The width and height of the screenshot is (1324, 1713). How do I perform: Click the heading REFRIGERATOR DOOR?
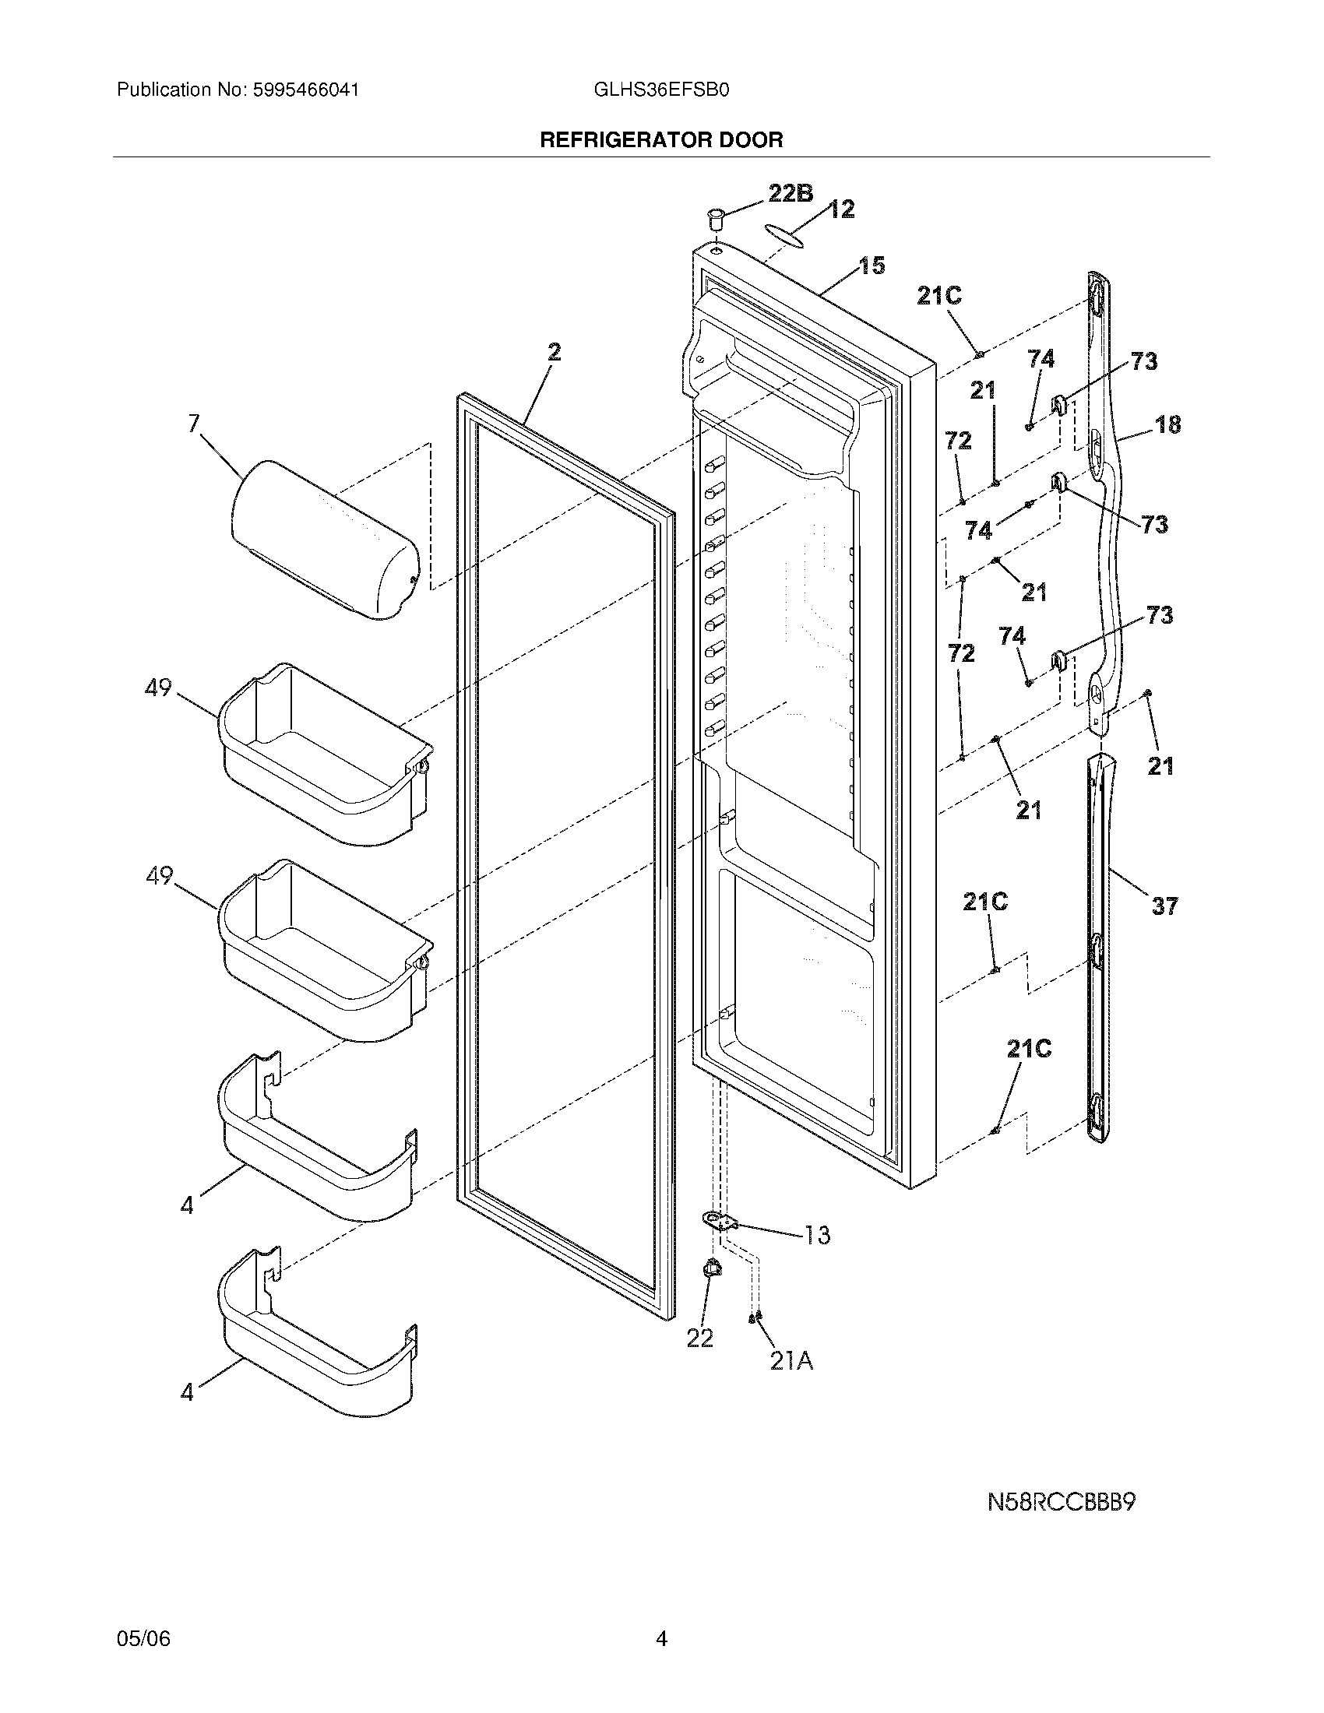pyautogui.click(x=661, y=140)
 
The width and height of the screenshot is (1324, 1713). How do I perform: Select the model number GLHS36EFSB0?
pyautogui.click(x=661, y=90)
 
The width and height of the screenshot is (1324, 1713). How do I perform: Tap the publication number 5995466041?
pyautogui.click(x=306, y=90)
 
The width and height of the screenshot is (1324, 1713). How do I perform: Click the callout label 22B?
pyautogui.click(x=790, y=193)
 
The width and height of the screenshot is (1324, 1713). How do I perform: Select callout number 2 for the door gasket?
pyautogui.click(x=554, y=353)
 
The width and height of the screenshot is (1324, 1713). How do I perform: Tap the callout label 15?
pyautogui.click(x=871, y=266)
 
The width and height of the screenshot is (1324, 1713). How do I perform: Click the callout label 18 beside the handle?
pyautogui.click(x=1168, y=425)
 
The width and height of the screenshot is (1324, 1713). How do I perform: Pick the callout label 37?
pyautogui.click(x=1165, y=906)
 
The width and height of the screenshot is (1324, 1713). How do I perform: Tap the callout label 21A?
pyautogui.click(x=791, y=1362)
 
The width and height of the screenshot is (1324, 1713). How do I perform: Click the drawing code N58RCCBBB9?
pyautogui.click(x=1062, y=1503)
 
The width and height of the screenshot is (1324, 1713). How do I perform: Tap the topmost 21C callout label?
pyautogui.click(x=939, y=296)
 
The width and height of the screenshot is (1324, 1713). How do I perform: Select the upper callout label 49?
pyautogui.click(x=158, y=688)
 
